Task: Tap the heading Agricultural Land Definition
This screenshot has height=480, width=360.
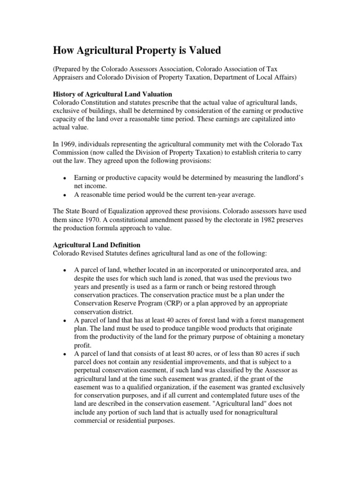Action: pyautogui.click(x=96, y=245)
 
